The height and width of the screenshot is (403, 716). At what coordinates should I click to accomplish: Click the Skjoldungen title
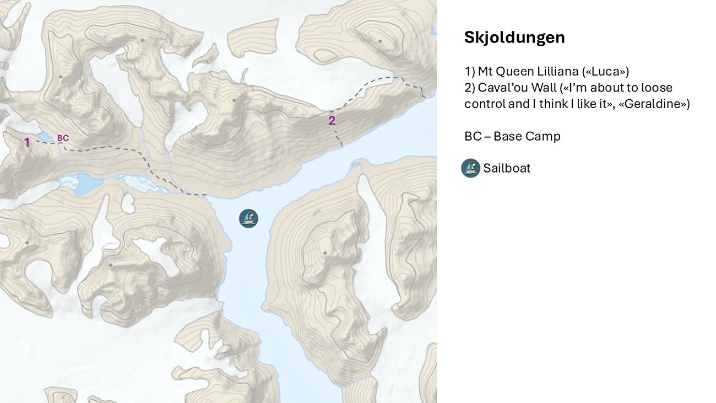[514, 37]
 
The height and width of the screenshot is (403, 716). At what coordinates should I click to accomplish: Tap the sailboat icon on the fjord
[248, 218]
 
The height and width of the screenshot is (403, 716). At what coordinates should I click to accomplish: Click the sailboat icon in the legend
[470, 168]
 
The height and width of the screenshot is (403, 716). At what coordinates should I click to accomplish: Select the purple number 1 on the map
[26, 143]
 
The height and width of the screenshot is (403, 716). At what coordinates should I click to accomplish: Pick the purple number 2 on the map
[332, 121]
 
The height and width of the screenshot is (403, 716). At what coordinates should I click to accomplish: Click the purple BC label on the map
[63, 138]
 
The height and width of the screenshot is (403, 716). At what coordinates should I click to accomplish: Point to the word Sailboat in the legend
[507, 168]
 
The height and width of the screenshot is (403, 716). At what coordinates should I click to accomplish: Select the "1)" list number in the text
[469, 72]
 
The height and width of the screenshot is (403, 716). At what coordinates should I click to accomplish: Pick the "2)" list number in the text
[470, 88]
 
